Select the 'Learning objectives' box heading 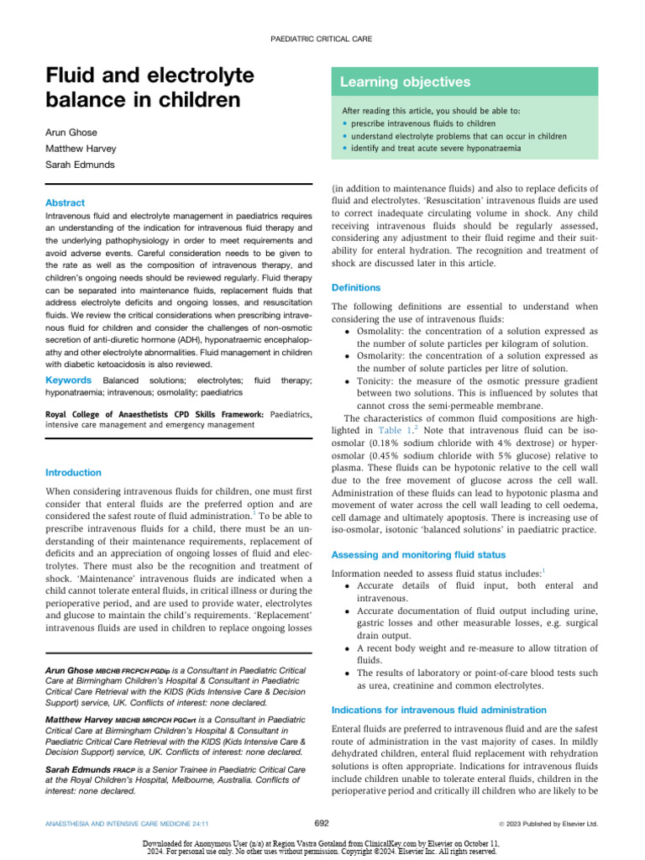click(405, 82)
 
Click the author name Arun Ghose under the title click(71, 133)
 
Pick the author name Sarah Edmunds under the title click(80, 165)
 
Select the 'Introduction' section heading click(73, 472)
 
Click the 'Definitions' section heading click(357, 287)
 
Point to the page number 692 click(322, 824)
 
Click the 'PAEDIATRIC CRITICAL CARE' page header click(322, 39)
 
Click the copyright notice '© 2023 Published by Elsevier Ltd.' click(548, 824)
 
